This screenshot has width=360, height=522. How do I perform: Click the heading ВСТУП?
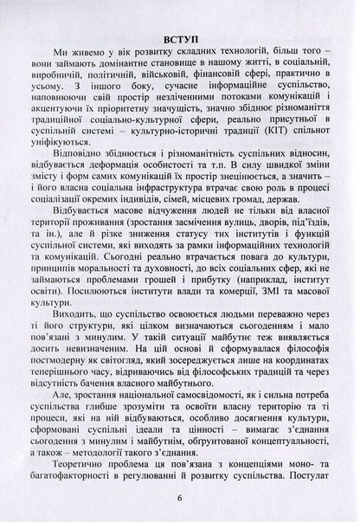(x=180, y=39)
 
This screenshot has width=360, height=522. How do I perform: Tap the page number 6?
(x=180, y=498)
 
